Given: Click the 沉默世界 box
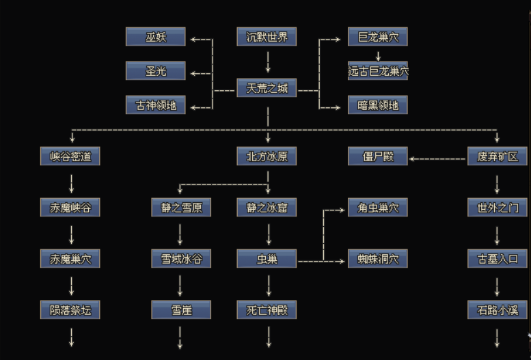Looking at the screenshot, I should tap(267, 36).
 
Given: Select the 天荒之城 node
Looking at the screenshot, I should tap(267, 89).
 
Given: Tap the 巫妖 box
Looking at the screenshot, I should tap(156, 36).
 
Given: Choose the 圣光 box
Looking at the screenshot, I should tap(156, 70).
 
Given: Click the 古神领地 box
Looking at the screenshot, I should tap(156, 105).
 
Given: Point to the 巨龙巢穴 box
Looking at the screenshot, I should tap(378, 36).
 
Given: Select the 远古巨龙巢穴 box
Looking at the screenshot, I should tap(378, 70).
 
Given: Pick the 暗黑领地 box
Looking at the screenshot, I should tap(378, 105).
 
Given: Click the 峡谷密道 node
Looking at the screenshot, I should tap(70, 156).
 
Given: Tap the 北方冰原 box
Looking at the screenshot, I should tap(267, 156).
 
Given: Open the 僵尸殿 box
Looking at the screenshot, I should tap(378, 156).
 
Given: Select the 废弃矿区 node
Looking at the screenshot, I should tap(497, 156).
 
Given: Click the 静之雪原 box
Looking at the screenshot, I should tap(181, 208).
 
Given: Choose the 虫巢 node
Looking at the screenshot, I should tap(267, 259).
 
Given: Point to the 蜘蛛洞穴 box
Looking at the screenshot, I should tap(378, 259).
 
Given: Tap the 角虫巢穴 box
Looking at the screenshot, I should tap(378, 208).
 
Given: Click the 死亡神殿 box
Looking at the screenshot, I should tap(267, 310).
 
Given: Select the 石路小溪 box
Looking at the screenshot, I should tap(497, 310).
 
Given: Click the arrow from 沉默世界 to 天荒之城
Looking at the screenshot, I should tap(267, 63).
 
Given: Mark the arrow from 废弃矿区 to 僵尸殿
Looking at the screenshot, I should tap(437, 158).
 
